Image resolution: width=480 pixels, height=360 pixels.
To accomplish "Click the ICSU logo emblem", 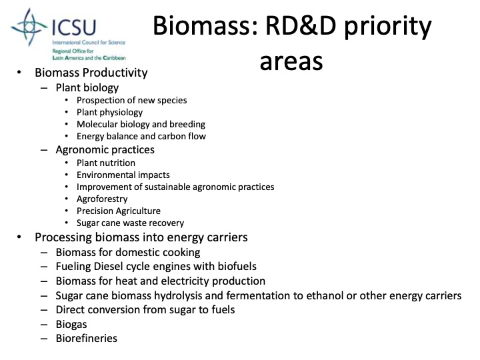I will click(29, 27).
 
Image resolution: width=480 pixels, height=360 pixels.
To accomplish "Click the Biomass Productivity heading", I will click(91, 73).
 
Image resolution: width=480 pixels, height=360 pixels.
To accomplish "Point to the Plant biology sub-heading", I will click(87, 87).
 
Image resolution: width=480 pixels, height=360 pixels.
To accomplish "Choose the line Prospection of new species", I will click(131, 100).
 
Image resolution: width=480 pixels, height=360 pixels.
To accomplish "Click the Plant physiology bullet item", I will click(109, 112).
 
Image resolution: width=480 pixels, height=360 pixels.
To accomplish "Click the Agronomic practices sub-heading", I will click(105, 149).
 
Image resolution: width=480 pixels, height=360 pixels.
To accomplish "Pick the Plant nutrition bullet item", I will click(106, 163).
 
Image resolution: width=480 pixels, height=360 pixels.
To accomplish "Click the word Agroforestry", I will click(102, 199).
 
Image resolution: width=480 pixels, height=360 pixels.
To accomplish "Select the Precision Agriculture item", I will click(119, 211).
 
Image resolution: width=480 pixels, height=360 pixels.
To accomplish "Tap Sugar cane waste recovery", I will click(130, 223).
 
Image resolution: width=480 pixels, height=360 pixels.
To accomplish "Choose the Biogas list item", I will click(72, 324).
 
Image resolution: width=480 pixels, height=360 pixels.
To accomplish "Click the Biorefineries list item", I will click(87, 338).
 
